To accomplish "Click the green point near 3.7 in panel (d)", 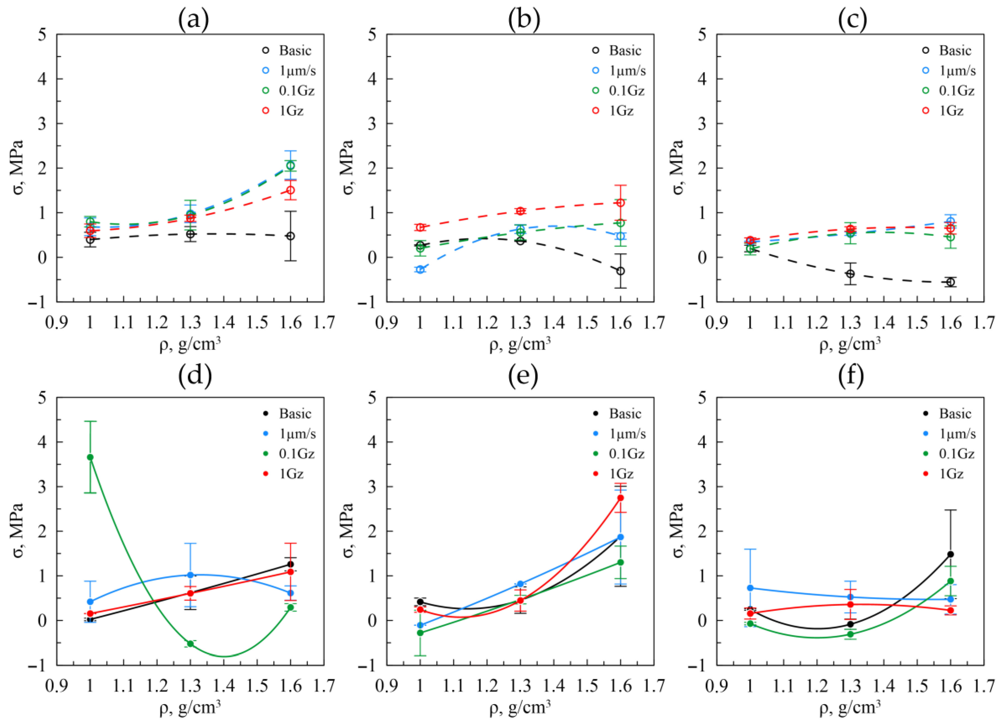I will [90, 457].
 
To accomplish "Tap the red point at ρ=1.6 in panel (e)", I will [620, 498].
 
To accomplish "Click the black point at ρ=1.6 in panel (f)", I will [951, 554].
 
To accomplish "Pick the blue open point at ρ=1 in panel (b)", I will [420, 269].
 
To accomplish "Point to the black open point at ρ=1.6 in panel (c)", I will [951, 282].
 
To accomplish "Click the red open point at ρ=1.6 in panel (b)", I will [620, 203].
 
